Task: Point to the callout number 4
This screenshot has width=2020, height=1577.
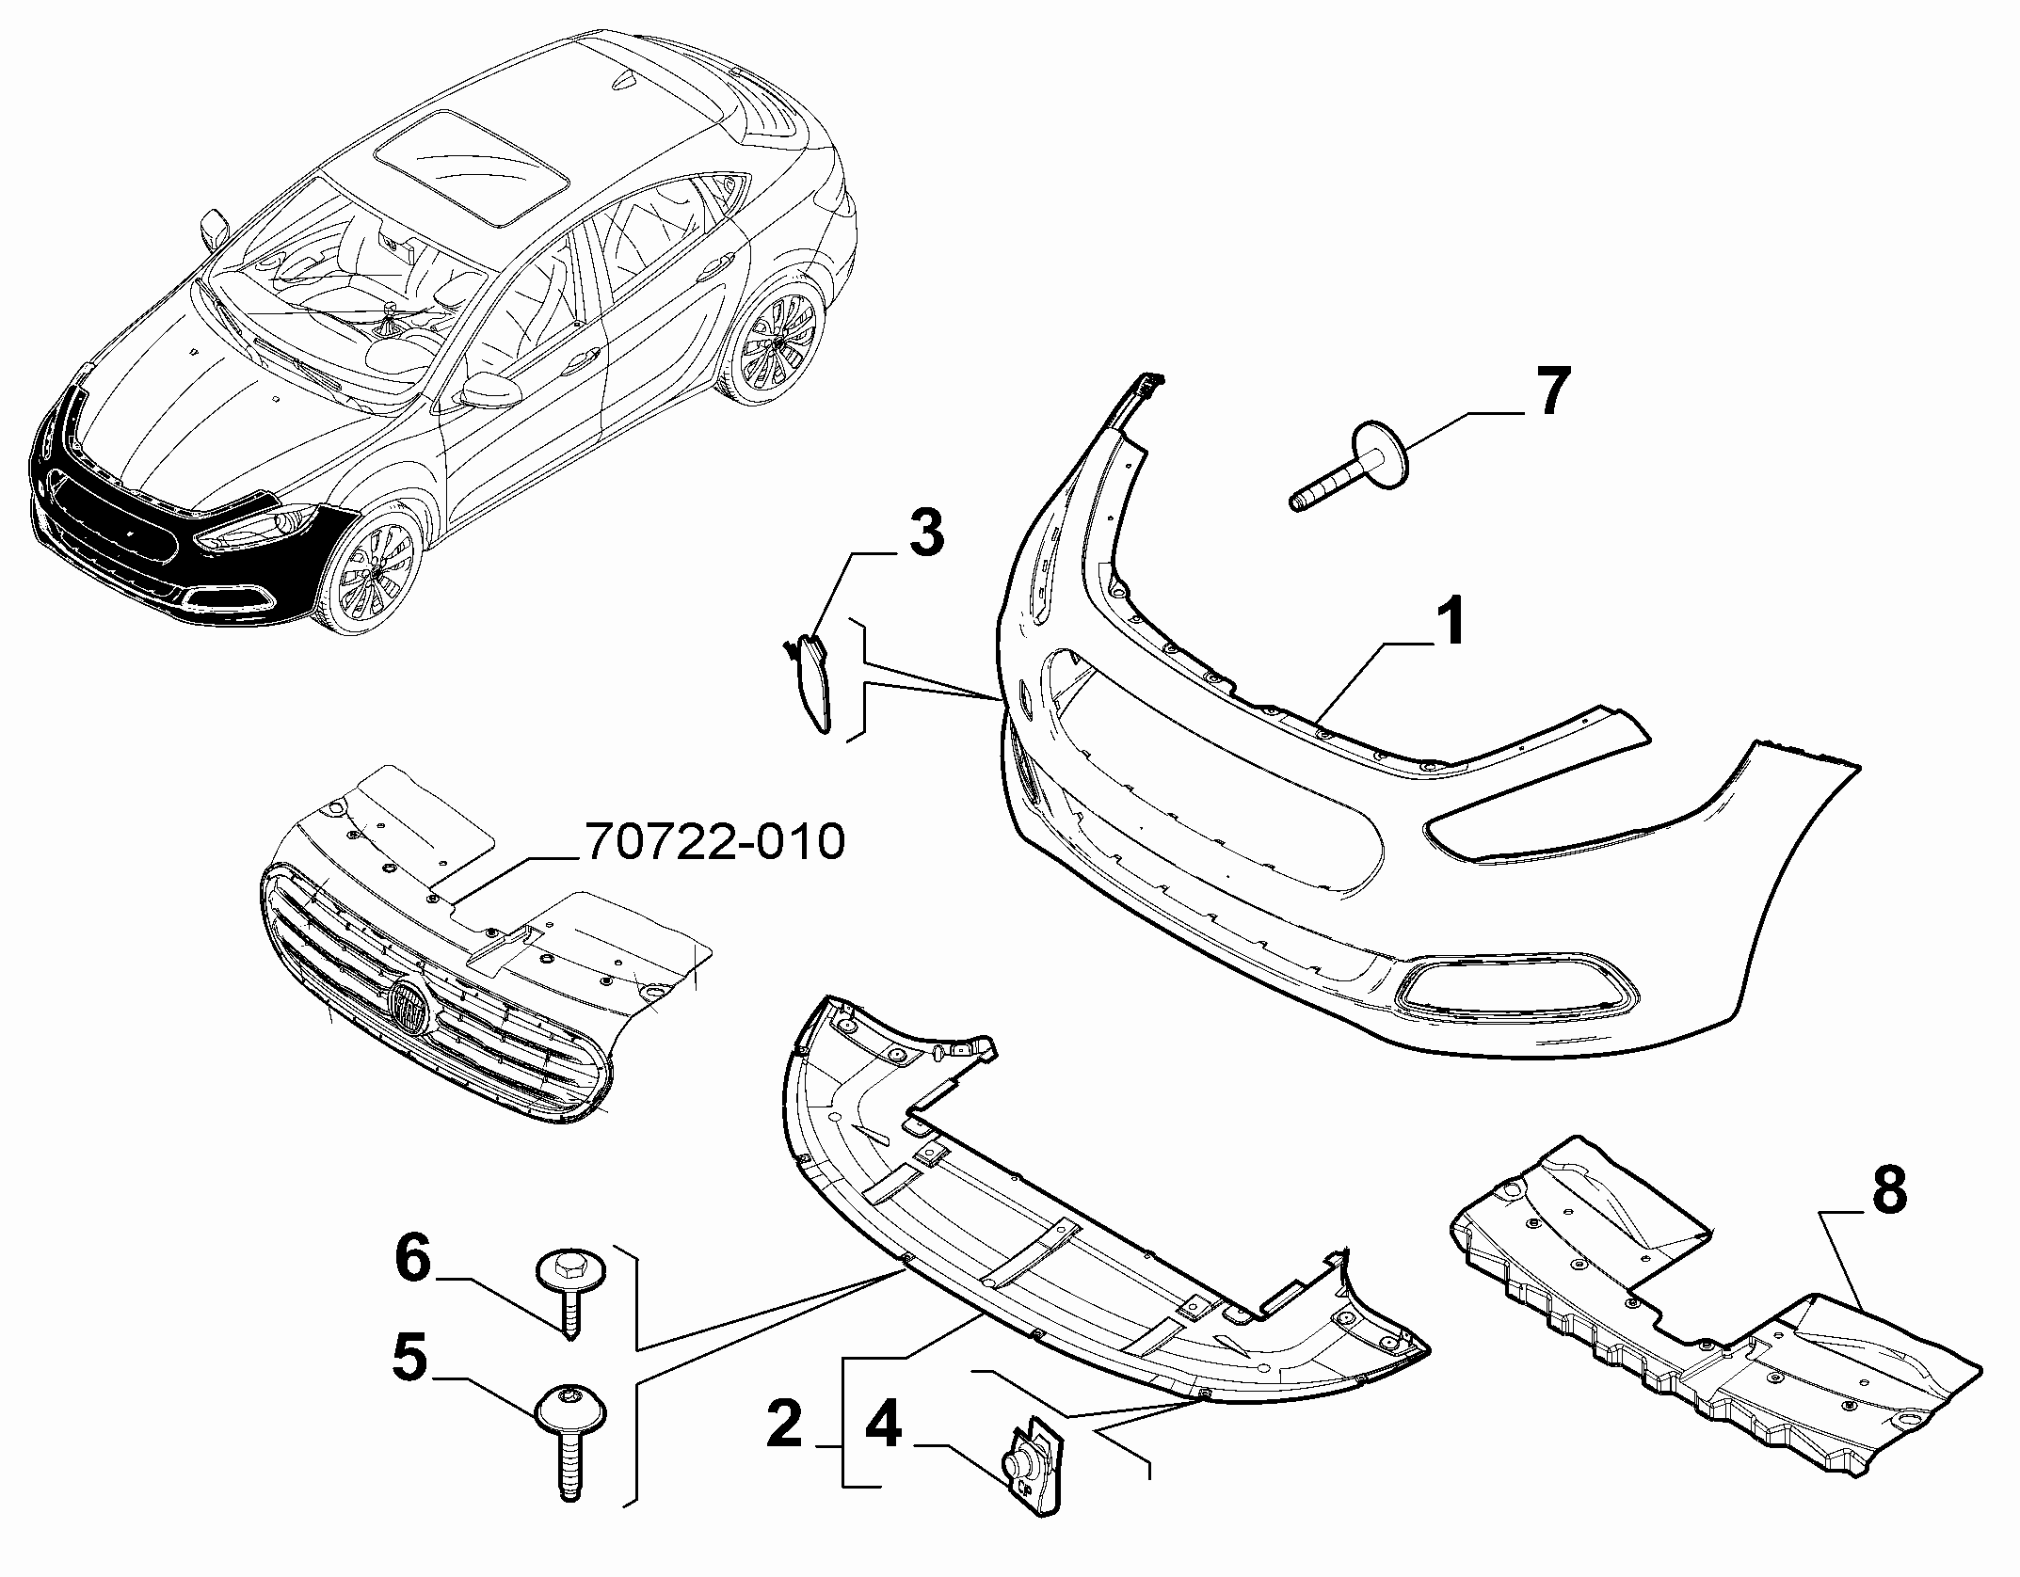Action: [882, 1428]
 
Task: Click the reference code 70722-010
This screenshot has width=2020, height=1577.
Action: [715, 842]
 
